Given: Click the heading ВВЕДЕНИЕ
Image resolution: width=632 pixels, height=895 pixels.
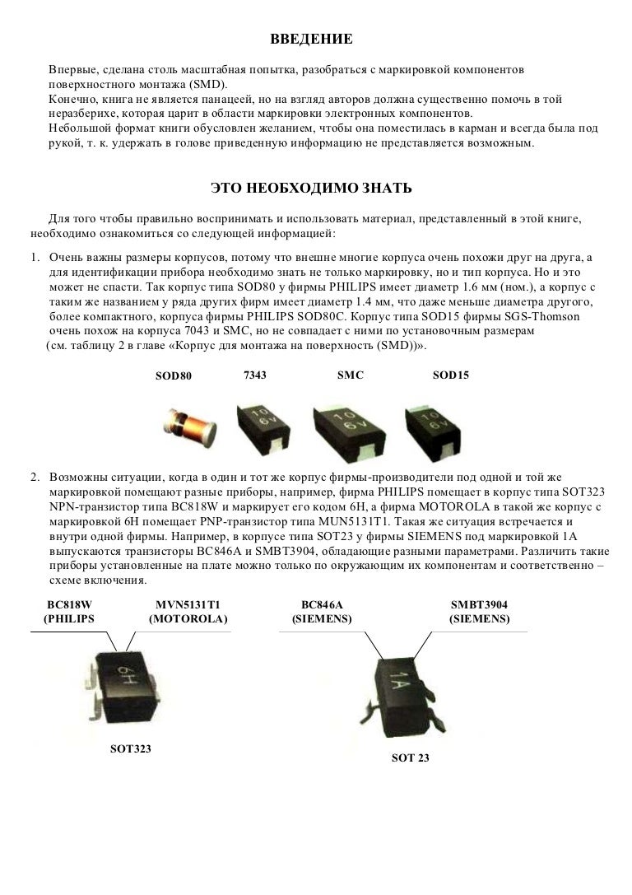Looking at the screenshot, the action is click(x=311, y=39).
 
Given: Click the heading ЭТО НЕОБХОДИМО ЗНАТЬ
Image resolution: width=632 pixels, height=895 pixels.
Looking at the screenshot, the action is click(x=311, y=188).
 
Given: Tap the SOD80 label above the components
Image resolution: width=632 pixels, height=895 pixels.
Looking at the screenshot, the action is click(x=174, y=375).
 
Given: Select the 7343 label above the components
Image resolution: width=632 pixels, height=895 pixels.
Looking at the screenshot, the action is click(x=255, y=375).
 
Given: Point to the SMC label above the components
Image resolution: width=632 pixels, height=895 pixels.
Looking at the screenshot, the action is click(x=351, y=375).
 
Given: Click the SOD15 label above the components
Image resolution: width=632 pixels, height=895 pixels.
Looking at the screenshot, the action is click(x=451, y=375).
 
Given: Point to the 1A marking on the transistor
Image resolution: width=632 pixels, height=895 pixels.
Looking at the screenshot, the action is click(x=399, y=680).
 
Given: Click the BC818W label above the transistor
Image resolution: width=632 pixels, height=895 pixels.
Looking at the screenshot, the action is click(x=70, y=605).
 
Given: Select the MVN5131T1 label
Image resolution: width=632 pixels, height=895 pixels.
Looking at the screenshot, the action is click(x=188, y=605).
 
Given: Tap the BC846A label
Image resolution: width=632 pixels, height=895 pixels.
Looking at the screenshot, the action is click(x=322, y=605).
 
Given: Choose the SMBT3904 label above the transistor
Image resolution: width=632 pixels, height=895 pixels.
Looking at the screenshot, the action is click(x=479, y=605).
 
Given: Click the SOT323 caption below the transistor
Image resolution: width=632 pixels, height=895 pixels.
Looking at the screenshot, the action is click(x=131, y=749).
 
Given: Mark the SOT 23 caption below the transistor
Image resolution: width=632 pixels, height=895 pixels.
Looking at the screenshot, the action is click(x=410, y=758).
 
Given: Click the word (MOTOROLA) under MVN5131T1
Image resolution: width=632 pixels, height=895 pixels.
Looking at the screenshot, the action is click(x=188, y=619).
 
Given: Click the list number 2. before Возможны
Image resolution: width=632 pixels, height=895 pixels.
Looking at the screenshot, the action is click(x=35, y=478).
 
